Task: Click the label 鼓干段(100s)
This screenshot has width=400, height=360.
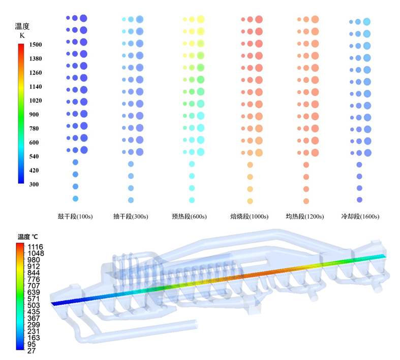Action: click(75, 217)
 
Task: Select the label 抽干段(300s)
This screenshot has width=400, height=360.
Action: click(131, 217)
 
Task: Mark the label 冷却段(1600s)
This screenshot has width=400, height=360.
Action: click(360, 217)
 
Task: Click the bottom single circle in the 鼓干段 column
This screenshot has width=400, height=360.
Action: click(75, 199)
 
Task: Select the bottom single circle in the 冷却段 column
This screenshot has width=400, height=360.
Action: click(359, 200)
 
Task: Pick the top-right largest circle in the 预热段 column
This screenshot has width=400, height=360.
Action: click(200, 19)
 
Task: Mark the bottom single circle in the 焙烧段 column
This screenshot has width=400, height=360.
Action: click(250, 201)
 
